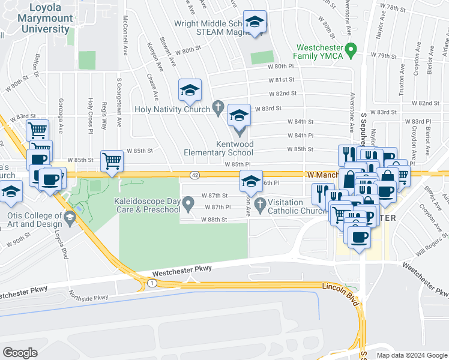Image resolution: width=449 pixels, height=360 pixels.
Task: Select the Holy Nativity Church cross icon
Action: [219, 109]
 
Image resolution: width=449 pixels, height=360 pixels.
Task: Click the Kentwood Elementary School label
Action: [235, 148]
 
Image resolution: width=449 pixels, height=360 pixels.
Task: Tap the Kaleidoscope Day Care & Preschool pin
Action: [188, 206]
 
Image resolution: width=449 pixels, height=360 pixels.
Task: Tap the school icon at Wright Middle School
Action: [255, 22]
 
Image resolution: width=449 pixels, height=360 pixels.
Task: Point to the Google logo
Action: [20, 352]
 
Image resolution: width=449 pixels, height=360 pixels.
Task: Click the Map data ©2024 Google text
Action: [412, 355]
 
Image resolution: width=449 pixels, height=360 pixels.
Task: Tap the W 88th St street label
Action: [214, 220]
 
